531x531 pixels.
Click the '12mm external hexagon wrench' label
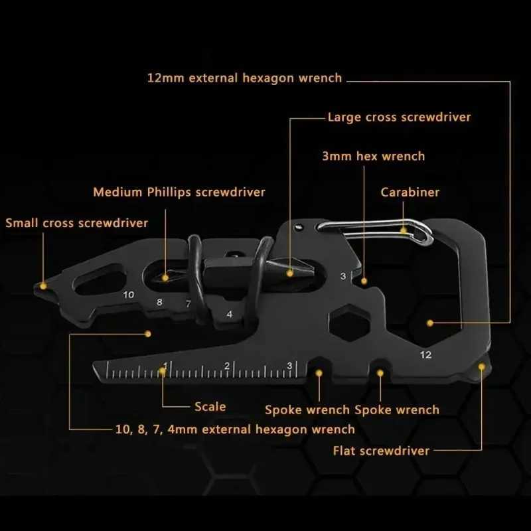click(244, 78)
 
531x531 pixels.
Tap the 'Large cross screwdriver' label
click(399, 117)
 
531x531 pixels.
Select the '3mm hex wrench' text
click(373, 157)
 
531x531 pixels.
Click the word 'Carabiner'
click(410, 192)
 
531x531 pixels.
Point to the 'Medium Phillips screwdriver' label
click(179, 192)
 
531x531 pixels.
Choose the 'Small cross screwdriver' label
click(77, 222)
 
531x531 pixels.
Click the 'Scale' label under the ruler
click(210, 407)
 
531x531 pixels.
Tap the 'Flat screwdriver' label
click(381, 451)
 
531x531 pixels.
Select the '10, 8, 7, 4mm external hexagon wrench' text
click(226, 429)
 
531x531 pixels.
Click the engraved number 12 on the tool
click(426, 354)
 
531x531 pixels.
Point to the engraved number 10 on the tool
click(129, 294)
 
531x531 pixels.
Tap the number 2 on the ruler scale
click(227, 366)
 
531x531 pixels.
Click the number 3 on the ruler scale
click(289, 366)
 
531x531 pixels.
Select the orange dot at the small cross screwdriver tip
click(44, 286)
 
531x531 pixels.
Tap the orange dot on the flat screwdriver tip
click(481, 366)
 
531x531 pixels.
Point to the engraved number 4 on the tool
click(230, 314)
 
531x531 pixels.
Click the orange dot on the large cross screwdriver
click(290, 271)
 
